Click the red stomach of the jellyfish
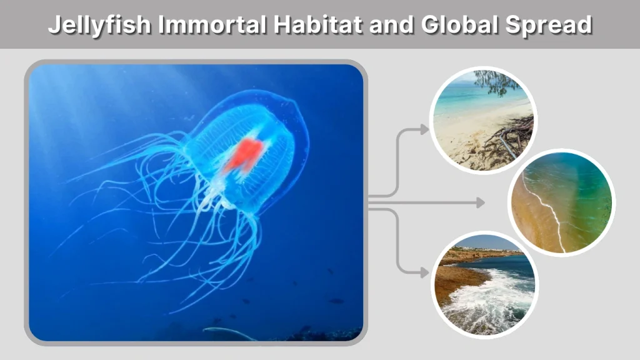tap(244, 154)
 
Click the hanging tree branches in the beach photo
tap(497, 82)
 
